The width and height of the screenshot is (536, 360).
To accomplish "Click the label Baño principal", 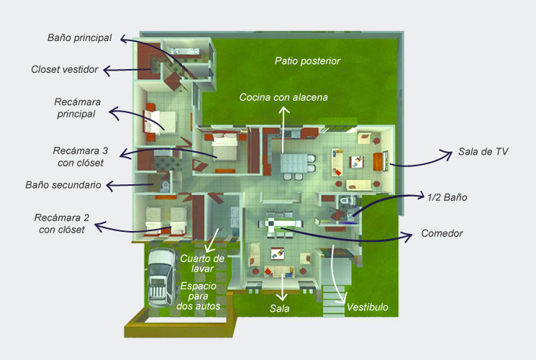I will (79, 37).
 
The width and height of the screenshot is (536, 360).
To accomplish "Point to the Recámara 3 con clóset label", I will (80, 157).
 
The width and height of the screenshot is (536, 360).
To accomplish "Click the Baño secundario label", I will (63, 185).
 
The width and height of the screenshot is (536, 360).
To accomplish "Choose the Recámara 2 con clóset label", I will (61, 223).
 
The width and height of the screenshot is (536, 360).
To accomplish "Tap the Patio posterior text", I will (307, 61).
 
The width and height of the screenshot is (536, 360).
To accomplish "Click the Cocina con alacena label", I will (283, 97).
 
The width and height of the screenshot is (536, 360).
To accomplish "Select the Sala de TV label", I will (483, 153).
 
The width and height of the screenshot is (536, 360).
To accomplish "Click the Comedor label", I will (442, 233).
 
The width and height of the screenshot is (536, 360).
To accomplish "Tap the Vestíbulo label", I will (368, 307).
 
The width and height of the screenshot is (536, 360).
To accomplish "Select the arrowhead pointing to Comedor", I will (410, 235).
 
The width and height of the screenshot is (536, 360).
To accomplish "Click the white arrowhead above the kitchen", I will (283, 109).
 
